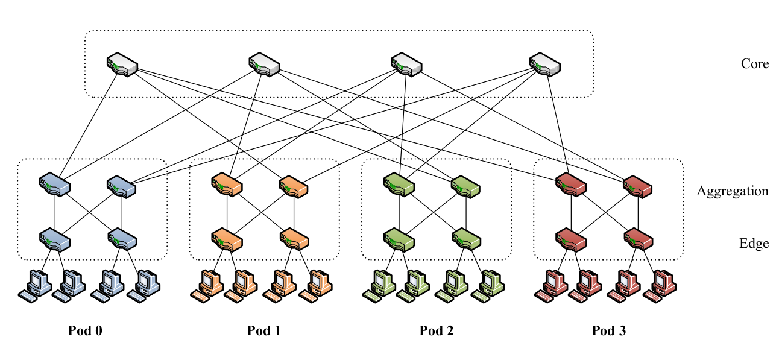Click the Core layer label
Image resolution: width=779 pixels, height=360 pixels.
(x=754, y=63)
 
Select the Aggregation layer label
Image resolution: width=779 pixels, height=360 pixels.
(x=732, y=191)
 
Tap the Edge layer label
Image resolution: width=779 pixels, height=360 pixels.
(x=754, y=244)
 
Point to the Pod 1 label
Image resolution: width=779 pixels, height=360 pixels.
(x=263, y=330)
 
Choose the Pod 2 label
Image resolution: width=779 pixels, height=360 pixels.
(x=436, y=330)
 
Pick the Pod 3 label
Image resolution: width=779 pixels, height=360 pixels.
(x=608, y=330)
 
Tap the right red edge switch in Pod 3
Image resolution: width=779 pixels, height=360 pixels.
(x=639, y=239)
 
